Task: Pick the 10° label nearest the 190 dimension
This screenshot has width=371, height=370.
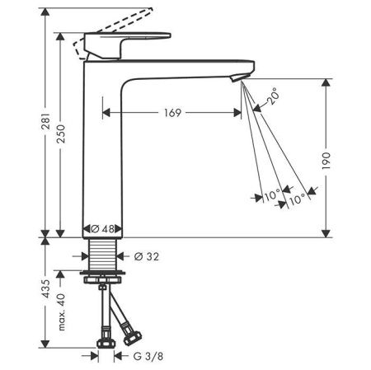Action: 296,198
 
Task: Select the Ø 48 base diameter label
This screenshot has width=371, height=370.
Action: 101,228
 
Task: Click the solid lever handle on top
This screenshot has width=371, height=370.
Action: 132,39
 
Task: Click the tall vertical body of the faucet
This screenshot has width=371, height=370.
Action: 102,148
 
